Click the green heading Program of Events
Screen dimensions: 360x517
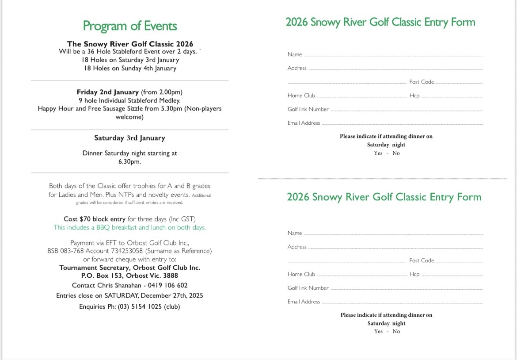click(x=130, y=26)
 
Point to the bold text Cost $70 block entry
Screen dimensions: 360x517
click(x=95, y=219)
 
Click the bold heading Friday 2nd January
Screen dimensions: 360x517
click(x=107, y=92)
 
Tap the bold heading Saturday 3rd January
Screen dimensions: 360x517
click(x=129, y=138)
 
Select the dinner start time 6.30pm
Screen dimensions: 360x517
click(x=129, y=162)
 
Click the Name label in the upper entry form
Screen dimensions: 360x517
click(x=295, y=54)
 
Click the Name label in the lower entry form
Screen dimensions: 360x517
click(x=295, y=233)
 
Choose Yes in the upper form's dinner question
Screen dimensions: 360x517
click(x=378, y=153)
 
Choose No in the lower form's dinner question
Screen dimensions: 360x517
click(x=396, y=331)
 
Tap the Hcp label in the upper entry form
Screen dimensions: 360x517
click(x=414, y=96)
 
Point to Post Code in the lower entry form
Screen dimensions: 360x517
click(x=422, y=260)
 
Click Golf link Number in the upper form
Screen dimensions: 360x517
click(x=308, y=109)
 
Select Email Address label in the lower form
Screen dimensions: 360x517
click(x=304, y=302)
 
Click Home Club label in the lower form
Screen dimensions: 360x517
click(x=301, y=274)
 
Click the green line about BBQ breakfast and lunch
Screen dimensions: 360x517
click(x=129, y=228)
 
